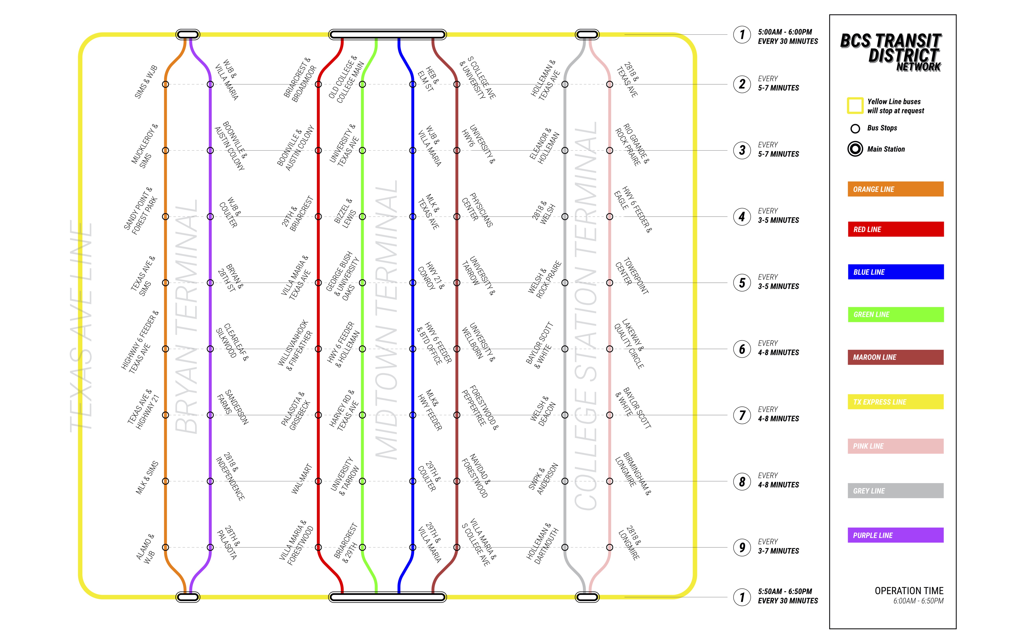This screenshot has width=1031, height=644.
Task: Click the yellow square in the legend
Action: [855, 106]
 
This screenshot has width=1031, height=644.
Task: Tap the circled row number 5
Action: [742, 283]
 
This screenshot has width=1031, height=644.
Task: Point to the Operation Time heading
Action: [909, 591]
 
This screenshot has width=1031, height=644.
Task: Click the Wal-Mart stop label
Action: [302, 479]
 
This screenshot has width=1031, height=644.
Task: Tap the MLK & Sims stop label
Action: [147, 478]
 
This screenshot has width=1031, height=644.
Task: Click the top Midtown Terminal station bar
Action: [387, 35]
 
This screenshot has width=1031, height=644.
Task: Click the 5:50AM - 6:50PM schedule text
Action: [785, 591]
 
